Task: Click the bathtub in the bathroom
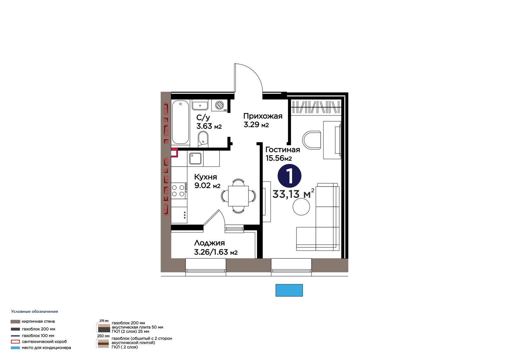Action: (180, 122)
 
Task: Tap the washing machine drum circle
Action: (219, 105)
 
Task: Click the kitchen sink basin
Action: (195, 159)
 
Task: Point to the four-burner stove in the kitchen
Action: (178, 191)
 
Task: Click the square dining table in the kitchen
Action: (238, 196)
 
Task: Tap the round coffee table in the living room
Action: (301, 207)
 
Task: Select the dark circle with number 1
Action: (289, 176)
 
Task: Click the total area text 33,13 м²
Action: (293, 194)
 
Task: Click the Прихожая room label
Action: (263, 116)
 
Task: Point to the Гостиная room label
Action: (283, 150)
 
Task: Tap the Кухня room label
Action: (206, 177)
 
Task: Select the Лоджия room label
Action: (209, 243)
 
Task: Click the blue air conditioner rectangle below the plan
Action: (289, 290)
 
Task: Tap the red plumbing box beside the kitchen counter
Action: (174, 152)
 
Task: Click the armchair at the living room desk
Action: (311, 140)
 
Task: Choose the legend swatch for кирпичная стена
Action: (15, 321)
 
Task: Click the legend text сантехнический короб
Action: (44, 342)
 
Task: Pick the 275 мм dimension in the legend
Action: (104, 321)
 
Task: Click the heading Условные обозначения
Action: (34, 312)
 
